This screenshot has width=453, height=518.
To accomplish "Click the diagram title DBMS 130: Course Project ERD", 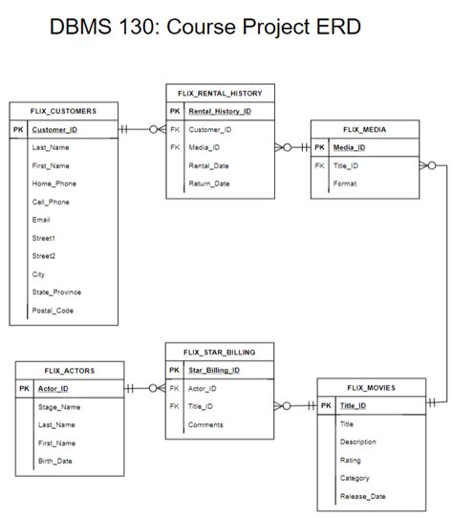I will tap(205, 27).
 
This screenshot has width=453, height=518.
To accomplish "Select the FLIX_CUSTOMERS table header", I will tap(63, 111).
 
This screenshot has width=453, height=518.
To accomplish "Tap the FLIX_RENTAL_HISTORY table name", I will tap(220, 93).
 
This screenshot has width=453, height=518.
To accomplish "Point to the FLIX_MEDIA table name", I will tap(365, 129).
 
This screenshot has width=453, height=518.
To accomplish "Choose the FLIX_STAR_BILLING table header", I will tap(220, 352).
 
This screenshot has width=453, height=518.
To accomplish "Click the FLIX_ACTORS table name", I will tap(69, 370).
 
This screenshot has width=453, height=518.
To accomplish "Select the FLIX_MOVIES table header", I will tap(371, 387).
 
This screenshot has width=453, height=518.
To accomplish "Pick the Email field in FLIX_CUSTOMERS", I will tap(41, 220).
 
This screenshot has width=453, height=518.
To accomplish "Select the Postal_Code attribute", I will tap(53, 311).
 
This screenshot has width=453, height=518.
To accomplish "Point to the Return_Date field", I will tap(209, 183).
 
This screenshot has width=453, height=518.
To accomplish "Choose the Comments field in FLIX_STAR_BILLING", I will tap(205, 424).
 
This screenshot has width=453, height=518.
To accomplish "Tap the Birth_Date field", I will tap(55, 461).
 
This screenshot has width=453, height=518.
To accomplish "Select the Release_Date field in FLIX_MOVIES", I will tap(363, 496).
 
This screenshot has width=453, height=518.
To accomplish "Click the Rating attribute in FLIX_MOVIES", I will tap(350, 460).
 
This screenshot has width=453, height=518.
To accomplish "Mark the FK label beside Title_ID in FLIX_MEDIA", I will tap(319, 165).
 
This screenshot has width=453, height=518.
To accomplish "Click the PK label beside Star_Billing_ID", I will tap(174, 370).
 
